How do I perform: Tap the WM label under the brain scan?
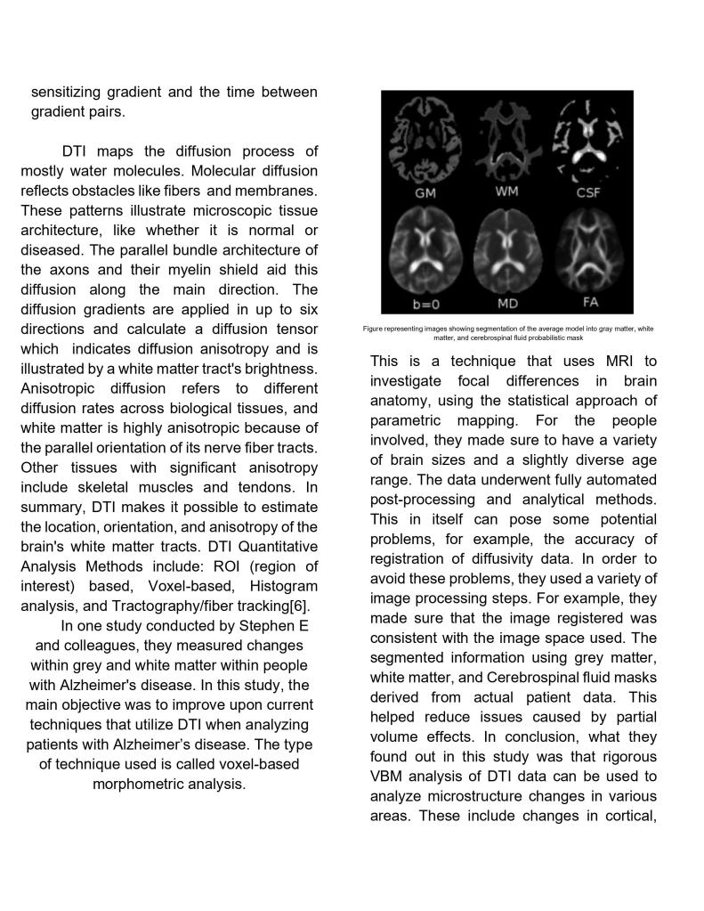(x=506, y=192)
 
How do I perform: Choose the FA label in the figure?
(x=588, y=302)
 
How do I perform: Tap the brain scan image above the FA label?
(x=588, y=251)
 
